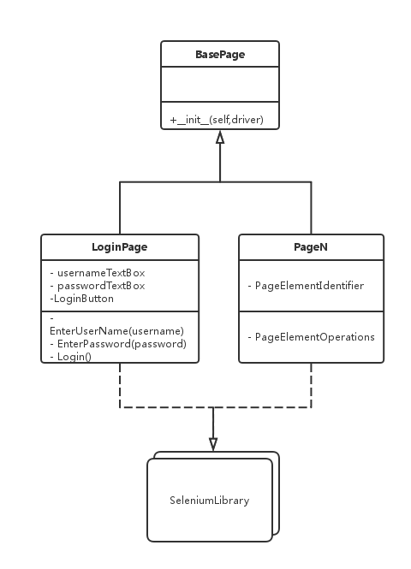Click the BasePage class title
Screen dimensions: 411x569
click(x=220, y=55)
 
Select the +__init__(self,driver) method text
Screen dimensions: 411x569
click(x=217, y=120)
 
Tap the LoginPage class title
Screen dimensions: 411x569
click(x=120, y=246)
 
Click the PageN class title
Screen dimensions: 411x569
click(x=311, y=246)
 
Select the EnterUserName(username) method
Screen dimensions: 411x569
click(x=117, y=331)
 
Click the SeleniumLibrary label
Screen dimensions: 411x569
click(x=210, y=501)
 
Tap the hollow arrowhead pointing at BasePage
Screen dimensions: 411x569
click(x=220, y=137)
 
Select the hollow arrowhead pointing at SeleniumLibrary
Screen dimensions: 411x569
click(x=213, y=445)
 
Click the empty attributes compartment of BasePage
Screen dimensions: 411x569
click(x=220, y=84)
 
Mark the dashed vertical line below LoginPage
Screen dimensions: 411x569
click(x=120, y=385)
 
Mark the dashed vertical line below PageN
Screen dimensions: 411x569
click(x=311, y=385)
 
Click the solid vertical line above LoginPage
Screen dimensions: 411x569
click(x=120, y=208)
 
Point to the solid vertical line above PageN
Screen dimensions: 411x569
click(x=311, y=208)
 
